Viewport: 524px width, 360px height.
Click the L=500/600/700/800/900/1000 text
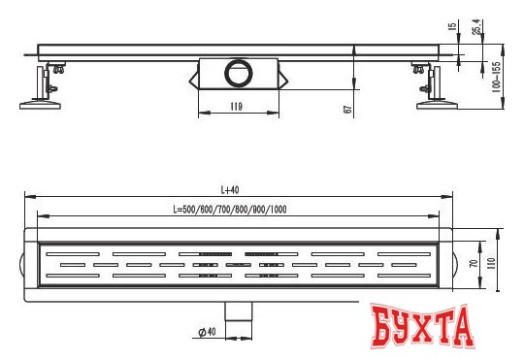pos(229,210)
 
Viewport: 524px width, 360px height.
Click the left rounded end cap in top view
pos(22,264)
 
